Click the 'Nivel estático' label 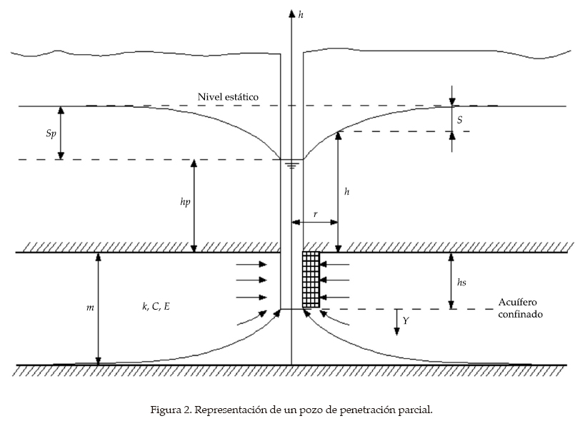pyautogui.click(x=228, y=97)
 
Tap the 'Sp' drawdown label pyautogui.click(x=51, y=133)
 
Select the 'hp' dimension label pyautogui.click(x=185, y=202)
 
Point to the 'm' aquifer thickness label pyautogui.click(x=90, y=308)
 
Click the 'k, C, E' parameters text pyautogui.click(x=156, y=306)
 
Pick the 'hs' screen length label pyautogui.click(x=461, y=283)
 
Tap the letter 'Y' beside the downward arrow pyautogui.click(x=406, y=321)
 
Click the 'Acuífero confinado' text pyautogui.click(x=520, y=308)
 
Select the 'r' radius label pyautogui.click(x=315, y=214)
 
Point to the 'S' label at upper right pyautogui.click(x=459, y=120)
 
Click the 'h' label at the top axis pyautogui.click(x=301, y=15)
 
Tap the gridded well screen pyautogui.click(x=311, y=280)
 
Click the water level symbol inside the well pyautogui.click(x=292, y=163)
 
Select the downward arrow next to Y pyautogui.click(x=397, y=322)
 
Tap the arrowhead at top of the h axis pyautogui.click(x=291, y=14)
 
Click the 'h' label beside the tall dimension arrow pyautogui.click(x=346, y=191)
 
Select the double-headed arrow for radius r pyautogui.click(x=315, y=222)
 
